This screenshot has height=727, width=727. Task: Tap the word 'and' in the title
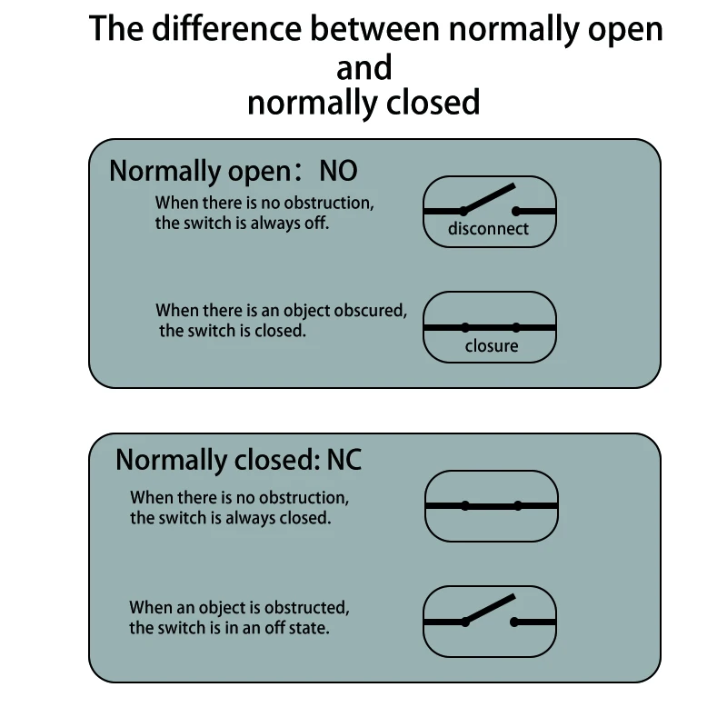(363, 67)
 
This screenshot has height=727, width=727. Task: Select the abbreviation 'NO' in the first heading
(338, 171)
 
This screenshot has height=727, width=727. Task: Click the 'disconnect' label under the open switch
(488, 229)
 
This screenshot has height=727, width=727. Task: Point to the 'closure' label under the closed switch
(491, 345)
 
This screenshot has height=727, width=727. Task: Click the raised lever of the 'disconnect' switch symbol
(489, 198)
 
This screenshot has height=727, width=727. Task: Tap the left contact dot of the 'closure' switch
(464, 326)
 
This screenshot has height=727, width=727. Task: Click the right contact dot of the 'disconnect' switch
(515, 210)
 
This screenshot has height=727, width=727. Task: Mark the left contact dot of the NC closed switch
(465, 505)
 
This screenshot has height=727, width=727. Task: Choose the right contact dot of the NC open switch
(514, 622)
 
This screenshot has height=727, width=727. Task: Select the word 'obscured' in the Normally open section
(367, 310)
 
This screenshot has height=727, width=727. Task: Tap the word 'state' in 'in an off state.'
(308, 627)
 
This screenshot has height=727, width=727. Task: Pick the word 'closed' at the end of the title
(433, 103)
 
